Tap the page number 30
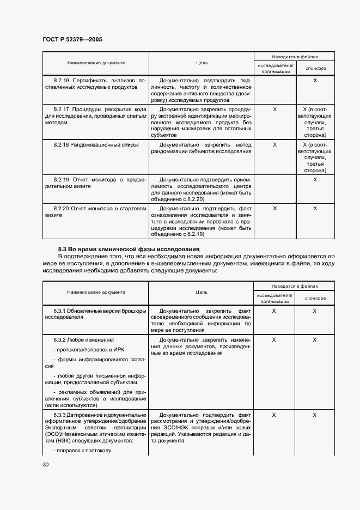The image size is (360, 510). click(x=45, y=464)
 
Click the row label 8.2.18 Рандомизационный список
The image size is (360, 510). click(x=96, y=145)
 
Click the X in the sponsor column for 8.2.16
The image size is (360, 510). click(x=315, y=80)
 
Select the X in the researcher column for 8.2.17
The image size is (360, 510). click(x=274, y=110)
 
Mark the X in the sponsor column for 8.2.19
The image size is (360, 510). click(x=315, y=179)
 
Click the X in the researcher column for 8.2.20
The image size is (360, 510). click(x=274, y=208)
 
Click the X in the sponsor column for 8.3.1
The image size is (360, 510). click(x=315, y=311)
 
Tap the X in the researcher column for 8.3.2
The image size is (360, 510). click(x=274, y=339)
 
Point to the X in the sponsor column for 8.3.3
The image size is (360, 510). click(x=315, y=415)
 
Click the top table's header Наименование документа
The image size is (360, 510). click(x=96, y=63)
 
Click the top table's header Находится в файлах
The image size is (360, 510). click(x=295, y=57)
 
